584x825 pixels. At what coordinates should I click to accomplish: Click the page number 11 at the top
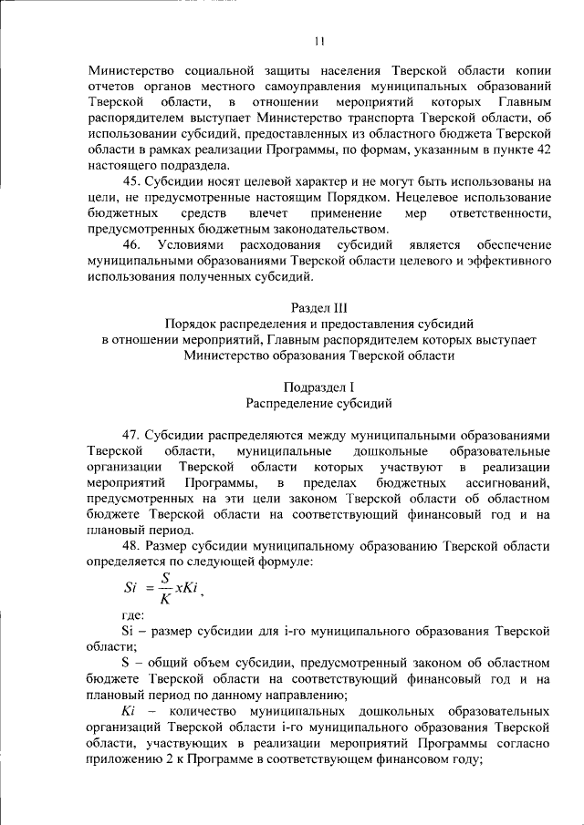coord(318,40)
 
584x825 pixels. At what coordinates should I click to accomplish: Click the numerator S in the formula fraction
coord(165,577)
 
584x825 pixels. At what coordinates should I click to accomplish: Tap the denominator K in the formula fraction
coord(165,599)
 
